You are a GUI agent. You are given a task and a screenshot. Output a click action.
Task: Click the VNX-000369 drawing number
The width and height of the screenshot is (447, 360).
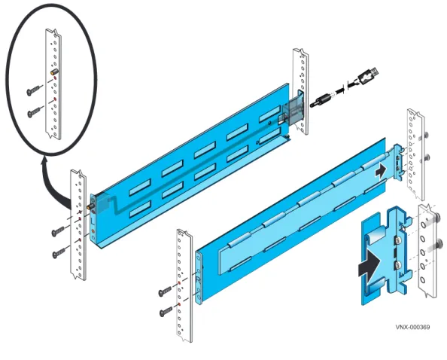tap(412, 327)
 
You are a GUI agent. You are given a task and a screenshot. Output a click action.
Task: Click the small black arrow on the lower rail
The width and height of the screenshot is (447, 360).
tap(381, 171)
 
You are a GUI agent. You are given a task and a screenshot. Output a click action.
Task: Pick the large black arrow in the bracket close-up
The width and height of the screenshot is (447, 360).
tap(369, 263)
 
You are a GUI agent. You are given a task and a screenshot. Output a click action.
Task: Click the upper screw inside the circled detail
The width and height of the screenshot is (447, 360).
tap(35, 90)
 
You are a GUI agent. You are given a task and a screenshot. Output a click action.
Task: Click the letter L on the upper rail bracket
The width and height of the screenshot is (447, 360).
tap(93, 221)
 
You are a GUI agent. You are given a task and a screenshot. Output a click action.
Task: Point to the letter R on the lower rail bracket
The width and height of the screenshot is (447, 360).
tap(199, 279)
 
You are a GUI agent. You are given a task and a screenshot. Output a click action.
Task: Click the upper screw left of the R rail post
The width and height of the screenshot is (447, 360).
tap(166, 291)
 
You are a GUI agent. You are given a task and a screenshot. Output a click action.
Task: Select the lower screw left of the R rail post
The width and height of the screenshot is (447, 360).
tap(166, 312)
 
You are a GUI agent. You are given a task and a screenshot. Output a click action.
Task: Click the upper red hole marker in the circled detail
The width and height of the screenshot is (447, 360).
tap(54, 78)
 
